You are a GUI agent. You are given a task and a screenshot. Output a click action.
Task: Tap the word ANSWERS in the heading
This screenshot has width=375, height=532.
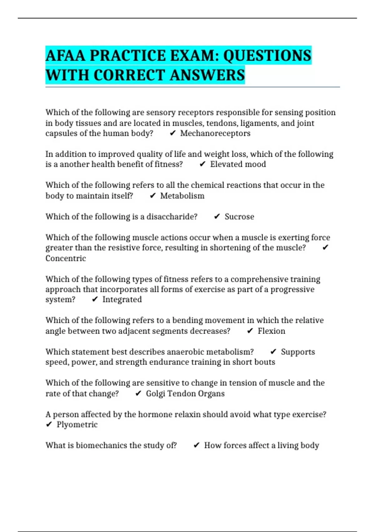(207, 75)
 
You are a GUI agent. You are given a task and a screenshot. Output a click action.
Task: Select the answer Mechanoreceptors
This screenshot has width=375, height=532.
(215, 133)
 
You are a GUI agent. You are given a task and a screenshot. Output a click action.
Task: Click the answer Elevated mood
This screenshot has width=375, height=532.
(238, 164)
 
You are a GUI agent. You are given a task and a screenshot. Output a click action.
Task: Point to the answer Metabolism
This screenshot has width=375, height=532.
(182, 196)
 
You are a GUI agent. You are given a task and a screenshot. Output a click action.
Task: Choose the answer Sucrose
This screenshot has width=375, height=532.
(239, 217)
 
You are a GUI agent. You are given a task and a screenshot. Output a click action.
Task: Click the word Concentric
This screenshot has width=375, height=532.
(66, 258)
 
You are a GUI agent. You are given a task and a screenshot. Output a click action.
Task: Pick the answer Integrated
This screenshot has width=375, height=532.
(122, 299)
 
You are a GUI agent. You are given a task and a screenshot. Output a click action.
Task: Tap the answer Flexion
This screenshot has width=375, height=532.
(271, 331)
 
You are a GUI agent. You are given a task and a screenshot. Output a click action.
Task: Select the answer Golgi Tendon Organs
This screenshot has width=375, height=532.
(185, 393)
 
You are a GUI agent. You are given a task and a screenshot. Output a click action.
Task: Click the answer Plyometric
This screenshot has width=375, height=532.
(77, 425)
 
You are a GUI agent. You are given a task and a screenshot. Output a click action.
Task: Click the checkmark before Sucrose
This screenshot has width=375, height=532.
(217, 217)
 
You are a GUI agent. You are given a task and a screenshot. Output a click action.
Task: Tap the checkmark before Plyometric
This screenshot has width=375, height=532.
(49, 425)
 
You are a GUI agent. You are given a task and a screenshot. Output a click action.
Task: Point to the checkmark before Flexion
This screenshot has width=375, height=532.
(250, 331)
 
